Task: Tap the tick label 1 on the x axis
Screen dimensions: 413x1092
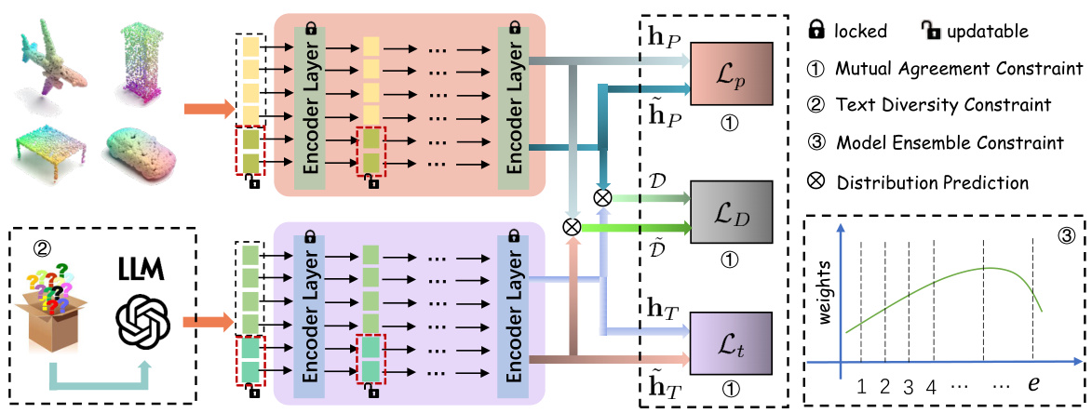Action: tap(861, 384)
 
